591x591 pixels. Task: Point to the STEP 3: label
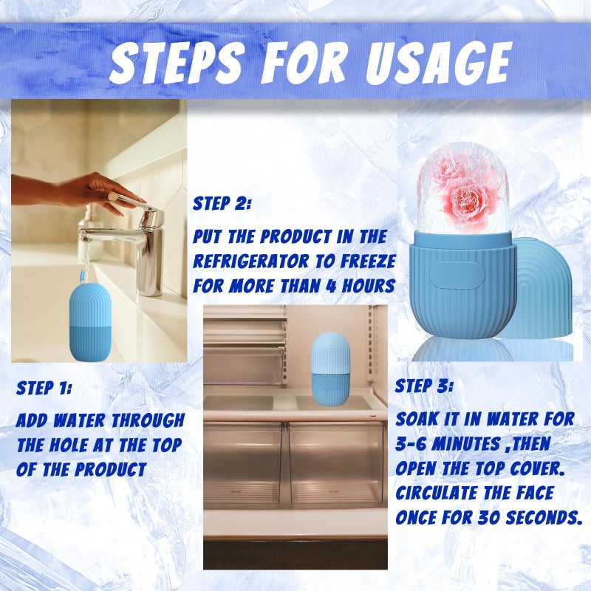425,386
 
